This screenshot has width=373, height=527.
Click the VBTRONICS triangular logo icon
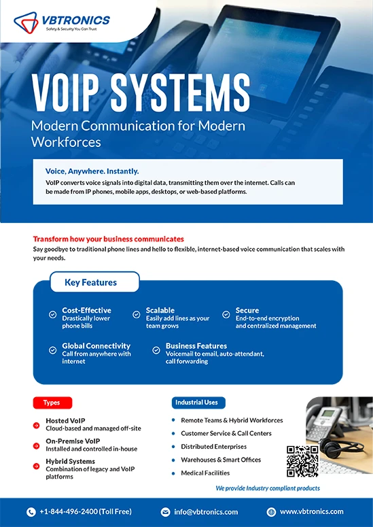pos(26,22)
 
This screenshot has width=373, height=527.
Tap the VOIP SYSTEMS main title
pos(141,92)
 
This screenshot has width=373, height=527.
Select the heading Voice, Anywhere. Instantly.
pos(92,171)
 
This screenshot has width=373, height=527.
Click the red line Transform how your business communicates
pos(109,239)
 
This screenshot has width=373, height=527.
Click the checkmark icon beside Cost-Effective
pos(53,315)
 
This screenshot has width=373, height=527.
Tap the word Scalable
pos(160,310)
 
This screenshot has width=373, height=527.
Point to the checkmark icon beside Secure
pos(226,315)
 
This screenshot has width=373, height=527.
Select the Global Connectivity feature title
pos(96,346)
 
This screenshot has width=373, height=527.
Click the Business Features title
pos(196,346)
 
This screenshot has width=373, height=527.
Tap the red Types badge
pos(52,403)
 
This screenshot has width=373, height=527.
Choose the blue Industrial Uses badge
pos(198,403)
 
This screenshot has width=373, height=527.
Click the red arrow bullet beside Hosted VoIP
pos(36,426)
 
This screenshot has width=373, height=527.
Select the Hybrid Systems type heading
pos(70,461)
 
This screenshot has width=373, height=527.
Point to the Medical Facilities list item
pos(205,473)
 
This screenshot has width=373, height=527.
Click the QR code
pos(302,461)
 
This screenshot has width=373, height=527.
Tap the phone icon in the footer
pos(31,512)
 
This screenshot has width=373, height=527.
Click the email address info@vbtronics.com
pos(206,512)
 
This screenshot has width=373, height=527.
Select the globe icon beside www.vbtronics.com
pos(271,512)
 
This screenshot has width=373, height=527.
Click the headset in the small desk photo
pos(340,446)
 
